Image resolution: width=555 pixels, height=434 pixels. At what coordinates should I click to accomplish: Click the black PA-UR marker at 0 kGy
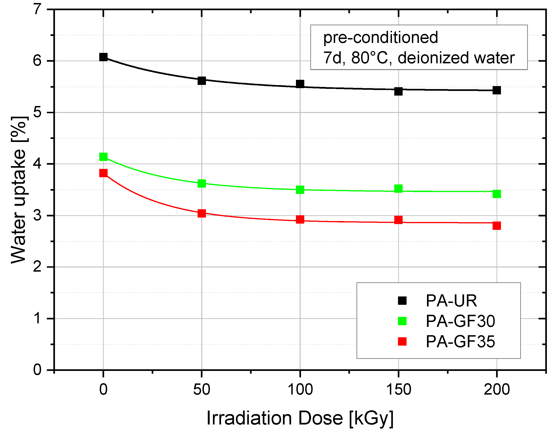pos(103,57)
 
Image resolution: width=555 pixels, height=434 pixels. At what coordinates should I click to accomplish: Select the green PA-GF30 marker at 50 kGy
pos(202,183)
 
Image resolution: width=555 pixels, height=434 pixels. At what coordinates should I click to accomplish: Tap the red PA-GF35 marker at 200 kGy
pos(497,225)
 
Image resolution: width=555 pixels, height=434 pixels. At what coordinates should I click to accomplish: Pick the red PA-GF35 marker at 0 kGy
pos(103,173)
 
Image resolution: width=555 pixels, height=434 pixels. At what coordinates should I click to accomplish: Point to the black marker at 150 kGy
pos(398,91)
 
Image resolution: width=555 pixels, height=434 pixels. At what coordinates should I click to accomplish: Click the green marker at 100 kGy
pos(300,190)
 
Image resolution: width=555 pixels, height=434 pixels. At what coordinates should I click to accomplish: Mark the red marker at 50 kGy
pos(202,213)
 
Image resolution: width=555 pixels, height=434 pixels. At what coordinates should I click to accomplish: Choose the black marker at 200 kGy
pos(497,90)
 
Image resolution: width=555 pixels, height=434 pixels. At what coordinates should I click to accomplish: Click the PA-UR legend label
pos(451,301)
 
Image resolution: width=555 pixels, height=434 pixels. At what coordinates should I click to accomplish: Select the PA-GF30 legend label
pos(460,321)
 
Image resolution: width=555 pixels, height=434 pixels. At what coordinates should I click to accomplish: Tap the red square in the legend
pos(402,341)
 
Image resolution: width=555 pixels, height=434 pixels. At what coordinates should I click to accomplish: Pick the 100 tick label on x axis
pos(300,389)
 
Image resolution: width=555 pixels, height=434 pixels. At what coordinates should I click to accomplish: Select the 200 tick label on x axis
pos(497,389)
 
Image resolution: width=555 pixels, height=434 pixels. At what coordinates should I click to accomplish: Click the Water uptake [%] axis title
pos(19,190)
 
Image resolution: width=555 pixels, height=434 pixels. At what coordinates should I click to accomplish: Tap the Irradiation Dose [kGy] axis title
pos(300,418)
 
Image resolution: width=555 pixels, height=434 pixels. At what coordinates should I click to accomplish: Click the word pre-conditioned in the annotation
pos(380,38)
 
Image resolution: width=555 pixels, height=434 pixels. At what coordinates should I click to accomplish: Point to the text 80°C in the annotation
pos(369,58)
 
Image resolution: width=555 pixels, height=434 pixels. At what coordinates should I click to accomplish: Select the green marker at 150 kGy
pos(398,189)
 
